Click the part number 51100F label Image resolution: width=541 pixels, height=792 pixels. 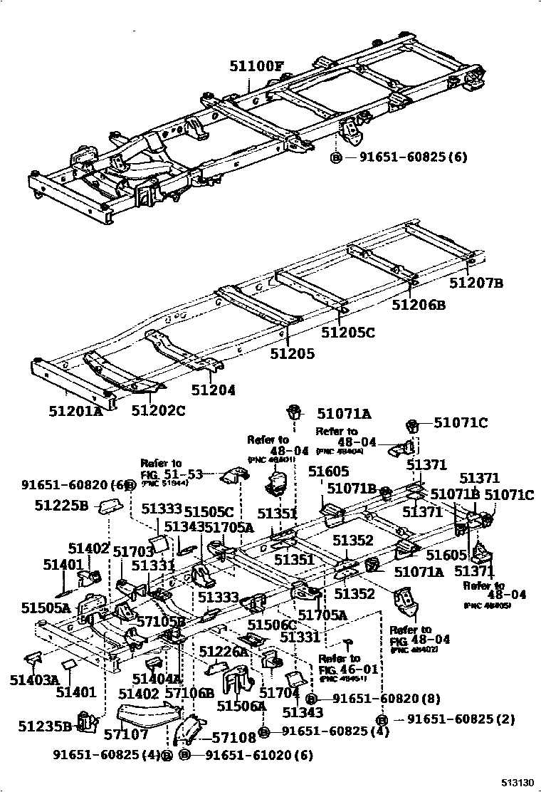tap(256, 67)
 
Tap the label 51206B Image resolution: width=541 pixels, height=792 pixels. tap(419, 305)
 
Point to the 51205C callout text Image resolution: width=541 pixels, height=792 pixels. tap(347, 332)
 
